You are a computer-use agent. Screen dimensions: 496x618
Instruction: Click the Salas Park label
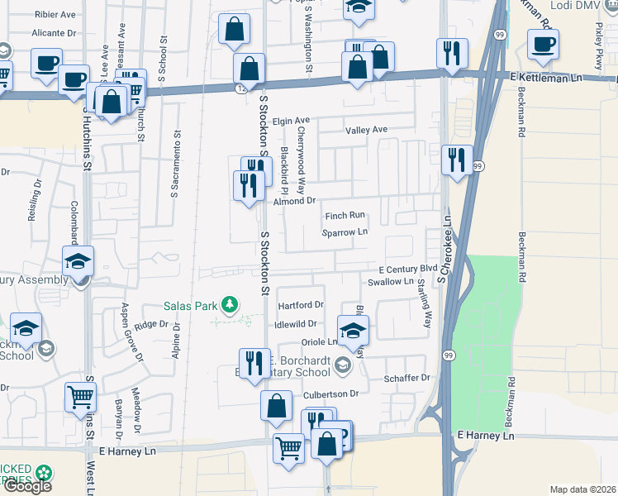[x=193, y=306]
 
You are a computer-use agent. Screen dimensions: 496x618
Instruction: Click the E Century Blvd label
[x=407, y=269]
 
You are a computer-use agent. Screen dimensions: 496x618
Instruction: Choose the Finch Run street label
[x=345, y=215]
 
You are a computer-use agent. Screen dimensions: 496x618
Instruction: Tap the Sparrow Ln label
[x=345, y=232]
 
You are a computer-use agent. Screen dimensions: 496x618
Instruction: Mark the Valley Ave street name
[x=366, y=130]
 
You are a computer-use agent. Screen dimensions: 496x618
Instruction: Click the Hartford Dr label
[x=300, y=304]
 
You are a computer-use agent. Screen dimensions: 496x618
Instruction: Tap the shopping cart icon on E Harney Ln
[x=289, y=449]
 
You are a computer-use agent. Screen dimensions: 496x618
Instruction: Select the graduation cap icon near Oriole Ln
[x=353, y=330]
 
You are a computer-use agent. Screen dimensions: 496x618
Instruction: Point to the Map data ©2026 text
[x=583, y=489]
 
